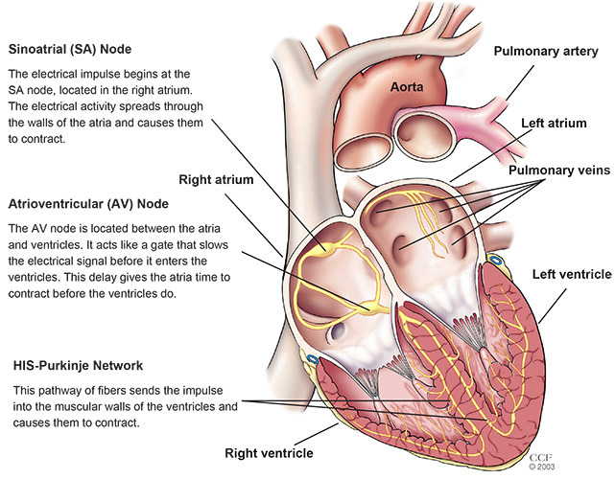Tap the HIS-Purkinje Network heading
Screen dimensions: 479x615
tap(78, 365)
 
